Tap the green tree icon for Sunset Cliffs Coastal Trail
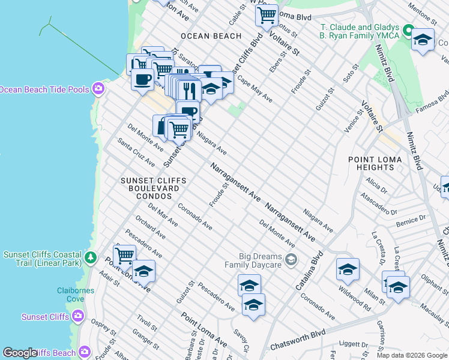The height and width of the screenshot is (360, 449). [x=91, y=258]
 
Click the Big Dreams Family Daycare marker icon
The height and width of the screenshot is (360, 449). [x=291, y=259]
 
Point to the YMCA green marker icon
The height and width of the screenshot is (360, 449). [x=409, y=30]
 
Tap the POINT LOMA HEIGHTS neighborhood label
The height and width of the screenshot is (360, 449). [x=372, y=163]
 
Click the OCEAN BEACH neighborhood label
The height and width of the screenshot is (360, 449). [x=211, y=36]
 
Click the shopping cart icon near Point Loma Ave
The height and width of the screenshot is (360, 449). [x=124, y=255]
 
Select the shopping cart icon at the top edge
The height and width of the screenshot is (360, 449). [x=267, y=14]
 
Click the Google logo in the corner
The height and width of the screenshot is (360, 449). [x=20, y=353]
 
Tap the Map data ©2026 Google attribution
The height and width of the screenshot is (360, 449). [x=411, y=355]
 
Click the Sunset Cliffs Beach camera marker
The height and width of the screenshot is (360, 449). [x=85, y=351]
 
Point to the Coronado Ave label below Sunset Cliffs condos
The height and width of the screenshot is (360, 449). [x=195, y=217]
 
